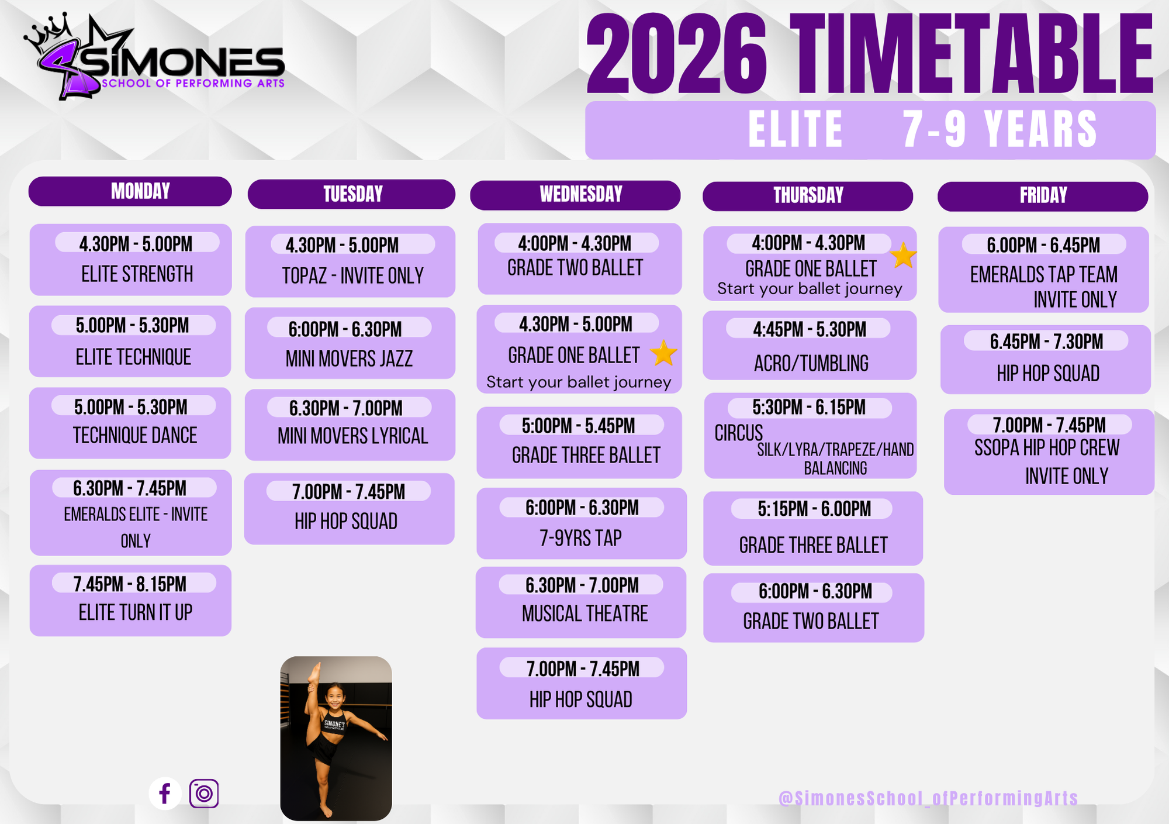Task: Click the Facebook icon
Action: click(x=165, y=794)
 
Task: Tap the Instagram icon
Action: click(x=204, y=794)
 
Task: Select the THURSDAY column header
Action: click(x=808, y=196)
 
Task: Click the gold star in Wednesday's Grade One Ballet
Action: click(x=663, y=353)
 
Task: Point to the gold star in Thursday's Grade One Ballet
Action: click(x=903, y=256)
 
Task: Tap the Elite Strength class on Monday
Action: click(x=137, y=274)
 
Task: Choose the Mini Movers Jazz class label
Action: click(x=349, y=358)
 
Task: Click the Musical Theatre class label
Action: click(x=585, y=613)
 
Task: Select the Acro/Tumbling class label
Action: click(x=811, y=363)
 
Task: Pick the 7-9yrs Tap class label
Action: click(x=580, y=538)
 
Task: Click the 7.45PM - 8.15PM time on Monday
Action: click(x=130, y=584)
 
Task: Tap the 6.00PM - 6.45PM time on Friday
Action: click(x=1043, y=245)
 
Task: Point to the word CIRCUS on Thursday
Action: click(x=739, y=433)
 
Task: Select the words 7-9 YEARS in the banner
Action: click(x=1000, y=129)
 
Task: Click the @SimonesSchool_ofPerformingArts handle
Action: click(x=928, y=798)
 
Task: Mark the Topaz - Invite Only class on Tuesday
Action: click(x=352, y=275)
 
